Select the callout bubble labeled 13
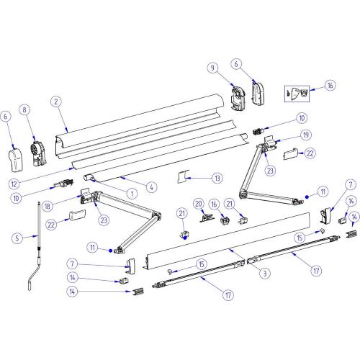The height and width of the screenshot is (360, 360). pos(217,178)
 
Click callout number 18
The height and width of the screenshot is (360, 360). pos(68,205)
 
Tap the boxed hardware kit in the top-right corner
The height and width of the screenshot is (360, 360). pos(300,94)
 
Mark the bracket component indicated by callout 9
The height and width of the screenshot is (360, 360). pos(238,95)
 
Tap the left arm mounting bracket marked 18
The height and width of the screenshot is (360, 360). pos(85,196)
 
